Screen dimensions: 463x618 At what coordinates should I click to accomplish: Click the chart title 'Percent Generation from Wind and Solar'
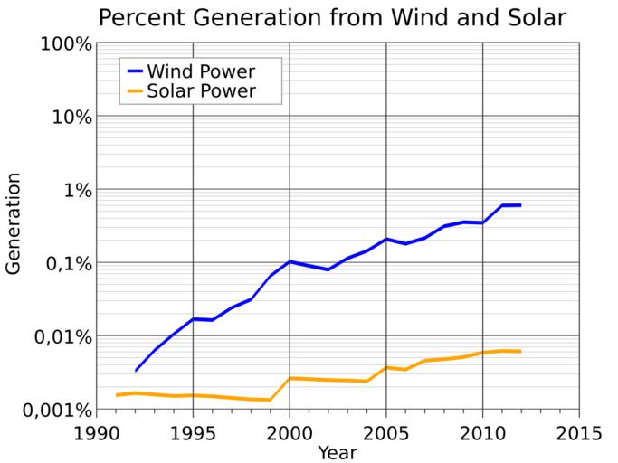333,17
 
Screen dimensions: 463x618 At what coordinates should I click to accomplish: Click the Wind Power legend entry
201,71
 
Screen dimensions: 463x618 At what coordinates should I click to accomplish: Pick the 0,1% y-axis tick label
62,264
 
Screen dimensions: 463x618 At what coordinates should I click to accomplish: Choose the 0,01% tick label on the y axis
56,337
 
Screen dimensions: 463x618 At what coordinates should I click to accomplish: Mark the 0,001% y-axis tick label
51,411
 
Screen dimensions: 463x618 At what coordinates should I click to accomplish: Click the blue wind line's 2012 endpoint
520,205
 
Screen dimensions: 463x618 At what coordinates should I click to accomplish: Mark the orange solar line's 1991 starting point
117,395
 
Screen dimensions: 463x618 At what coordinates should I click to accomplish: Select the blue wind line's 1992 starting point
136,371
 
